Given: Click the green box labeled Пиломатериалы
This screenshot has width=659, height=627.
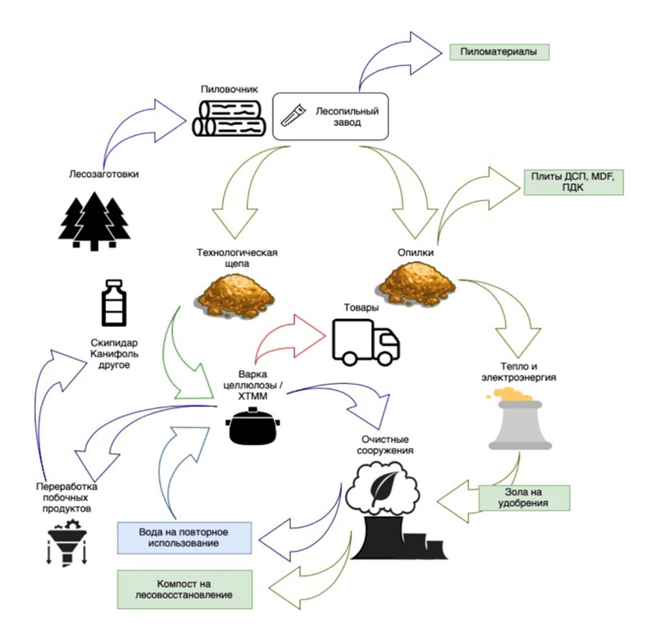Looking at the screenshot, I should pyautogui.click(x=499, y=51).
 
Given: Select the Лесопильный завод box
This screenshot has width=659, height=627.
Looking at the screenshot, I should pyautogui.click(x=330, y=116).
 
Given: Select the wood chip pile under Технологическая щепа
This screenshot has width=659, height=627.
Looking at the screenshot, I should pyautogui.click(x=233, y=291).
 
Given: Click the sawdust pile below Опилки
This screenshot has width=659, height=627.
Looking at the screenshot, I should pyautogui.click(x=416, y=283).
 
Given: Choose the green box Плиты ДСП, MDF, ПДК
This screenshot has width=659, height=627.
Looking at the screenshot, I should pyautogui.click(x=572, y=181).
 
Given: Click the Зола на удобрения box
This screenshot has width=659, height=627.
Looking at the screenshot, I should pyautogui.click(x=524, y=498).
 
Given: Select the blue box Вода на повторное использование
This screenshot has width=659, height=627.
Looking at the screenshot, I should pyautogui.click(x=184, y=537).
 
